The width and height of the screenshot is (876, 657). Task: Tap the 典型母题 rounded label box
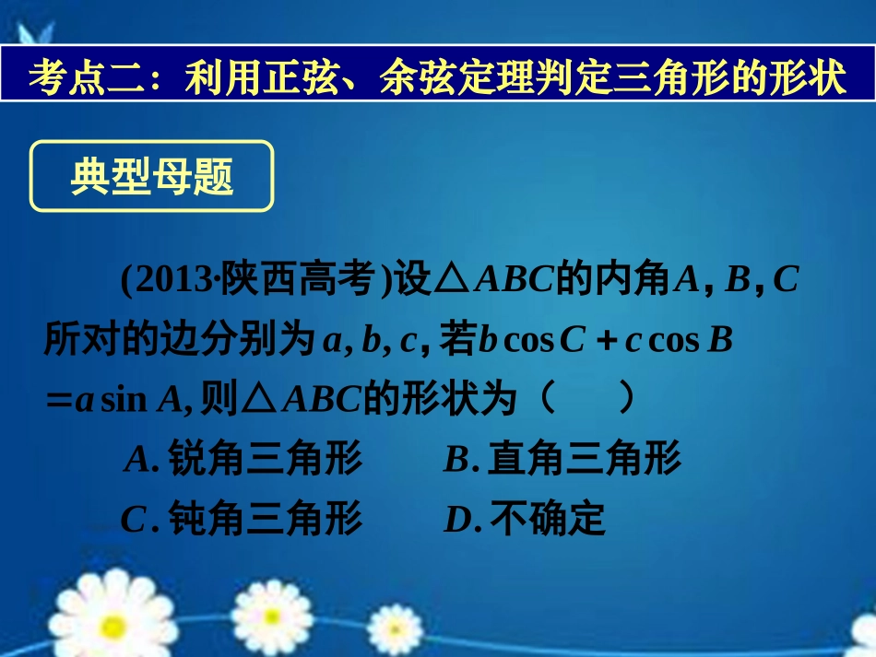pos(152,177)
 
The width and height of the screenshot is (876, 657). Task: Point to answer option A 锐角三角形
pos(243,459)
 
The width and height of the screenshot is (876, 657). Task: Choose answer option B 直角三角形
pos(562,459)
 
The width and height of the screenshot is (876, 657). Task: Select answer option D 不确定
pos(525,521)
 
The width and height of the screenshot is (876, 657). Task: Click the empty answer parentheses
pos(586,400)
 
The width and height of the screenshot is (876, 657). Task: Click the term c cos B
pos(679,341)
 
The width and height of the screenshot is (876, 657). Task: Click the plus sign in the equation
pos(605,342)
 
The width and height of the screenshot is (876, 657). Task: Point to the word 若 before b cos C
pos(456,341)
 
